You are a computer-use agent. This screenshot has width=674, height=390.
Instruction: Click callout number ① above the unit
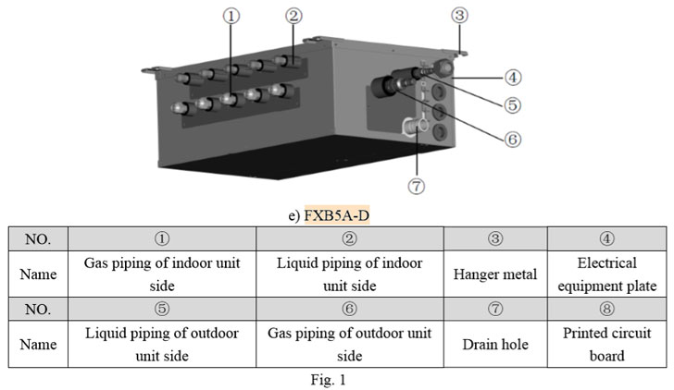[x=231, y=15]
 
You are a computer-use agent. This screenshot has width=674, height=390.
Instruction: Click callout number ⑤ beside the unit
[x=512, y=104]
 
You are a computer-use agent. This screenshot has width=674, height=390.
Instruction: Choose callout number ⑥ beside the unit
[x=512, y=139]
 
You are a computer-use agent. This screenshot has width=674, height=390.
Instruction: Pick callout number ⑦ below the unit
[x=418, y=186]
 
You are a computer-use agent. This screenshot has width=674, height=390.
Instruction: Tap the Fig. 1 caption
[x=336, y=379]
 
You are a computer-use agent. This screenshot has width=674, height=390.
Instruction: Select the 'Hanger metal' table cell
[x=496, y=274]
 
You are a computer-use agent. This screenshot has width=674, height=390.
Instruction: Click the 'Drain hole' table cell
[x=496, y=344]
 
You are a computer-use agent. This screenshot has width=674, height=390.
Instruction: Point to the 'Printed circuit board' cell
[x=606, y=344]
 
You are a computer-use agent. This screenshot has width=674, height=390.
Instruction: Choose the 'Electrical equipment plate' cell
[x=606, y=274]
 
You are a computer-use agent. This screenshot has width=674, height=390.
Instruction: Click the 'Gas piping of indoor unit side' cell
[x=162, y=274]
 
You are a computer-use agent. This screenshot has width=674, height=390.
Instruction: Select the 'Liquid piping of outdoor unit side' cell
[x=162, y=344]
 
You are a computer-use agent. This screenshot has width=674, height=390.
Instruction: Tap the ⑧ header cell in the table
[x=606, y=310]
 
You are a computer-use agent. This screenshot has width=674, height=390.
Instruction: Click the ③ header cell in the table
[x=496, y=239]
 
